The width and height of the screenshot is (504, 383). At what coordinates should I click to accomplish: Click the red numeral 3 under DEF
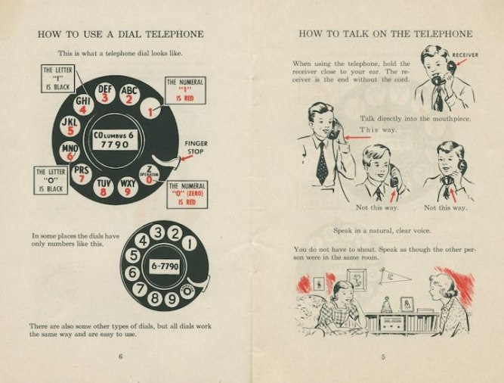(x=105, y=97)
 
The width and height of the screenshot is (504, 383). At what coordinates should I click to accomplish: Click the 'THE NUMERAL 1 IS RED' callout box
(x=185, y=90)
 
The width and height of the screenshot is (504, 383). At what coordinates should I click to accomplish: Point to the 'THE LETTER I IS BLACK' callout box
(x=58, y=79)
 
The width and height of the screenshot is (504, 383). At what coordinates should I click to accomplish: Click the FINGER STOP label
(x=196, y=148)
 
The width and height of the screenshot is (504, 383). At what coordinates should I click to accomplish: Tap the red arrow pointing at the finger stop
(x=187, y=157)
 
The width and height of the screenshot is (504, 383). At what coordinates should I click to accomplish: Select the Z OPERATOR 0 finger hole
(x=149, y=175)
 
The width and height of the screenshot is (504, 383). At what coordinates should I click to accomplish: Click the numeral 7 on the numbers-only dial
(x=140, y=288)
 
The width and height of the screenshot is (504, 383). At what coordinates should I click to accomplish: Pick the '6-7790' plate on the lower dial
(x=164, y=266)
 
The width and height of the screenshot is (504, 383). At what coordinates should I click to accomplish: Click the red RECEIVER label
(x=465, y=55)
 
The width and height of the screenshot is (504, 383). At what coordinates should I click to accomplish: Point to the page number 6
(x=121, y=357)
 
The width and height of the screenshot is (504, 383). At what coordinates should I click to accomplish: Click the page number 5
(x=383, y=357)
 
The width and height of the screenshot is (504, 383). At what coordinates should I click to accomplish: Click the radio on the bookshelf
(x=391, y=323)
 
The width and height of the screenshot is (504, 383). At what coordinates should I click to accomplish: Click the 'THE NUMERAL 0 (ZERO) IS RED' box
(x=187, y=195)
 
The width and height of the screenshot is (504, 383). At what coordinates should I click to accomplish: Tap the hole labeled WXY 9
(x=128, y=188)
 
